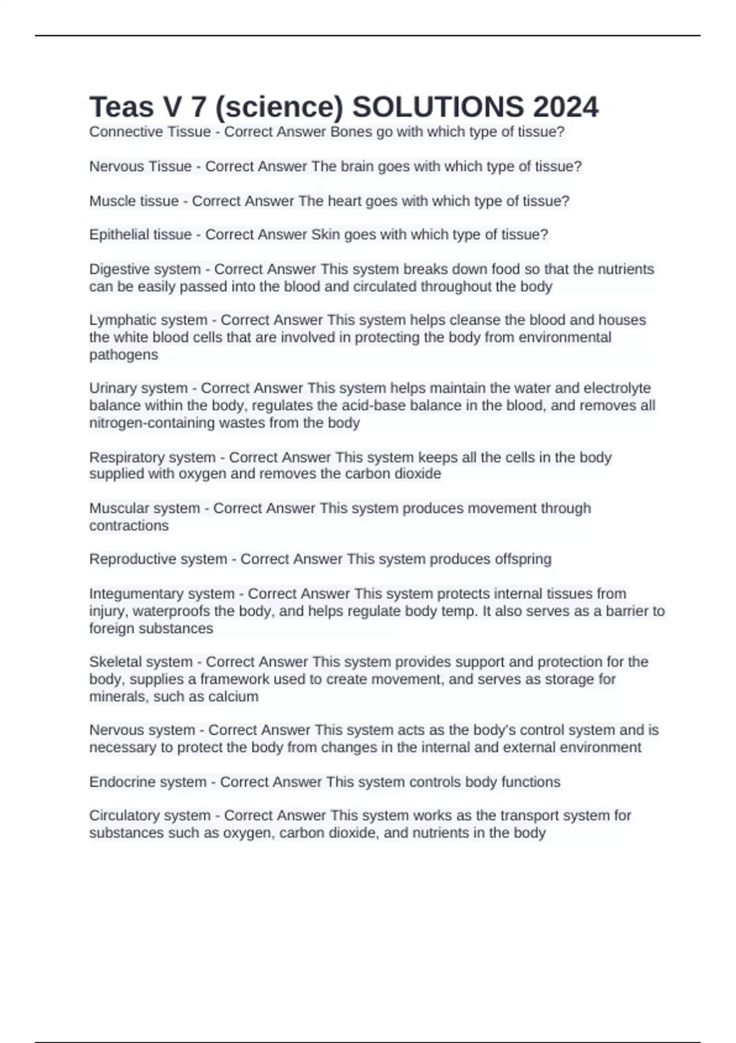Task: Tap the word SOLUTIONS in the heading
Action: tap(438, 107)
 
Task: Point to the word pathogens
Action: tap(123, 355)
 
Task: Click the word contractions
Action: tap(129, 525)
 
